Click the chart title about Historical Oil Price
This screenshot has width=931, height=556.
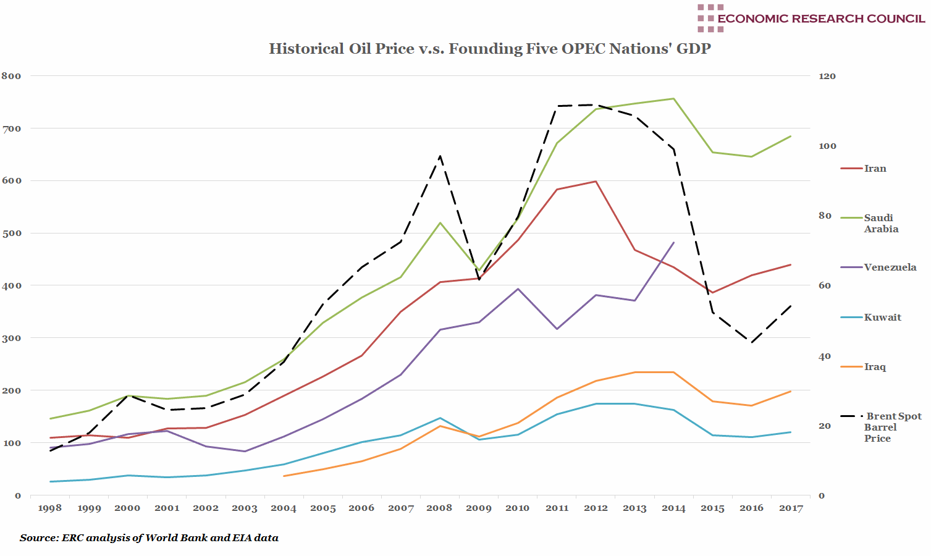tap(489, 49)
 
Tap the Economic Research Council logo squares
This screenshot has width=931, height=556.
tap(710, 18)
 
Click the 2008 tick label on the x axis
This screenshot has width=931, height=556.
tap(439, 508)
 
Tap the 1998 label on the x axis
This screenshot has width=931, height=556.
tap(50, 508)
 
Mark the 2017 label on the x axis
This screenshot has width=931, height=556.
tap(791, 508)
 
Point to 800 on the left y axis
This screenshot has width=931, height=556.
tap(11, 76)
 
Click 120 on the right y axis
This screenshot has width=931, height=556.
tap(827, 76)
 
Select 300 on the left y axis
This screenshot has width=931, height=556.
tap(11, 338)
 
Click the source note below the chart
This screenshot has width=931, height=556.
tap(149, 537)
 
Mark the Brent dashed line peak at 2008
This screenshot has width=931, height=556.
tap(440, 156)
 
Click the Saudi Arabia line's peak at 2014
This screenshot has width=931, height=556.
tap(673, 99)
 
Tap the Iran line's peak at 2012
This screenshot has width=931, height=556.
tap(596, 181)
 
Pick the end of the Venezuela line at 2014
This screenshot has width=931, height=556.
tap(673, 243)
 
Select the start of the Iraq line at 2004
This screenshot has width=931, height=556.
tap(284, 476)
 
